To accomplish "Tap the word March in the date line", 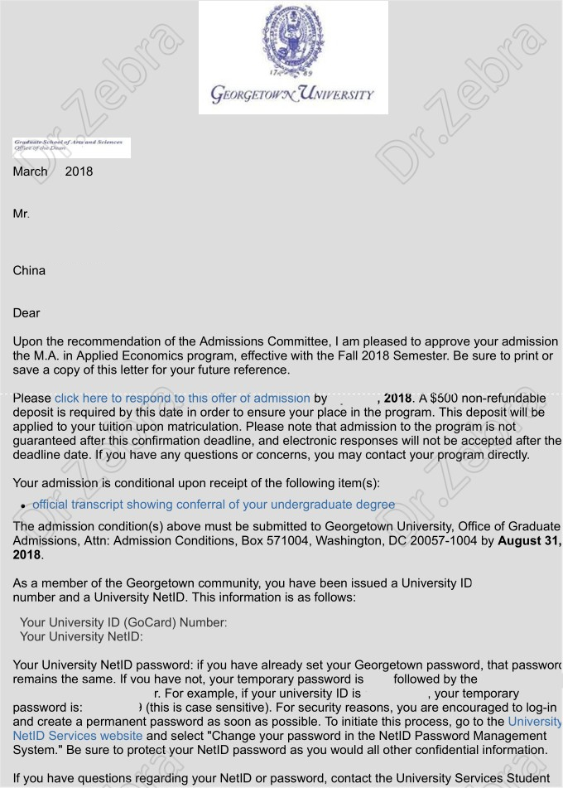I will click(31, 172).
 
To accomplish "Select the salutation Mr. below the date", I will click(21, 214).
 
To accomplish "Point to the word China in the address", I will click(29, 271).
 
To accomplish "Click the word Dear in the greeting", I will click(26, 313).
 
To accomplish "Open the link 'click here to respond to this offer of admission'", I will click(182, 398).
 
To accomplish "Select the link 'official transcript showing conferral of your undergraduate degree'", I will click(214, 505).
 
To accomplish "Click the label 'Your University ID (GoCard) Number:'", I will click(123, 622).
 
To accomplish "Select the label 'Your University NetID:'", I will click(81, 636).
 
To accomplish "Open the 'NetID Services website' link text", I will click(78, 735).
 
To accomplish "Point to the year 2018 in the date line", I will click(79, 172).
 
